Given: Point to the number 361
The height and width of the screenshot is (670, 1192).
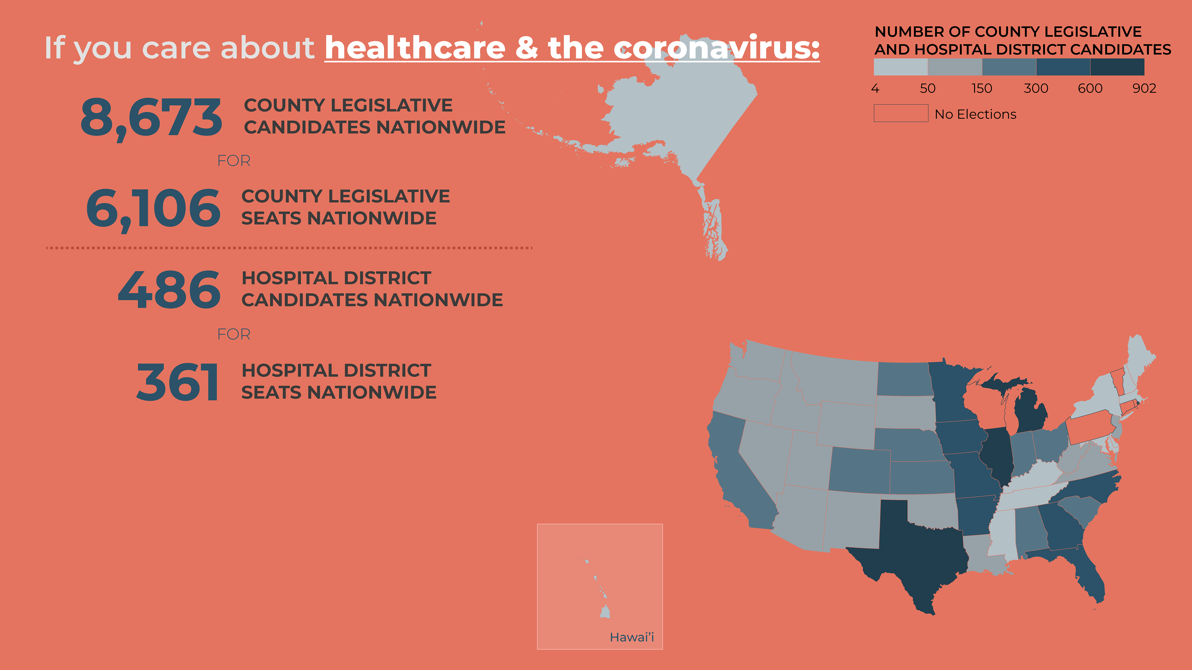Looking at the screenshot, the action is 177,382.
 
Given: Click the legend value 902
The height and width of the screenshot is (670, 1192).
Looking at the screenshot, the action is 1144,88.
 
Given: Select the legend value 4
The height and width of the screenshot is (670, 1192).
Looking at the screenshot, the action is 875,88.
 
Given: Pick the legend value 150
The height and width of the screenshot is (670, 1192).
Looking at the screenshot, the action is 982,88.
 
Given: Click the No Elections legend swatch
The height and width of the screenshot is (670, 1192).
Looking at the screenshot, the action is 901,113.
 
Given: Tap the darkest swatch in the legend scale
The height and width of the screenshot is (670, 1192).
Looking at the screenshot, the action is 1117,67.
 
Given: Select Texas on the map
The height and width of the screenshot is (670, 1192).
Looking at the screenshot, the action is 914,551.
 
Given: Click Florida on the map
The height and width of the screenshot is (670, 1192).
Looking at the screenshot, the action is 1083,574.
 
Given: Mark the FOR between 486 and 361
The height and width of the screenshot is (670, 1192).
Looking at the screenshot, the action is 234,335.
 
